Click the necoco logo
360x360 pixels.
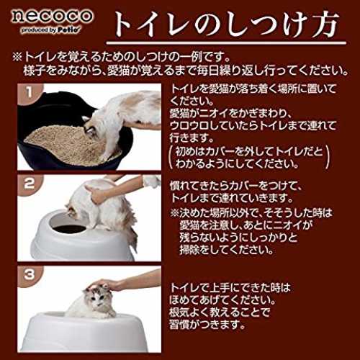(x=52, y=16)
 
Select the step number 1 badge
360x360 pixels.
(x=30, y=92)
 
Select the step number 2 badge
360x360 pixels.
(x=30, y=184)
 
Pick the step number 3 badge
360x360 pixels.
(x=30, y=274)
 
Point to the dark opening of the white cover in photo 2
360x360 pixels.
(x=70, y=229)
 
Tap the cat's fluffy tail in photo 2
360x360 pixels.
(x=131, y=228)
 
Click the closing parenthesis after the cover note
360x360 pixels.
(x=328, y=158)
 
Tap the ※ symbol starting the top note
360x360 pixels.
(x=18, y=58)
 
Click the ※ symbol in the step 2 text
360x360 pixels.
(x=174, y=213)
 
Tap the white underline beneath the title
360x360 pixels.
(x=226, y=43)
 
